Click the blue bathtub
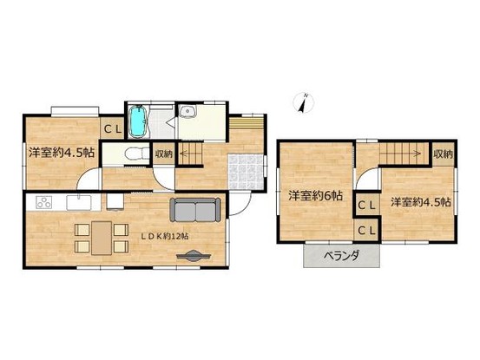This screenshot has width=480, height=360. click(137, 122)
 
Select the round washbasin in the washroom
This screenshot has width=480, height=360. click(187, 112)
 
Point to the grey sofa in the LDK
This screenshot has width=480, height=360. click(196, 210)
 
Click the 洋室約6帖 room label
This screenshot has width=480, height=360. click(314, 197)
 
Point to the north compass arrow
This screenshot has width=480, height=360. click(303, 103)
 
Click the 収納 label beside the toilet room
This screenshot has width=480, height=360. click(164, 154)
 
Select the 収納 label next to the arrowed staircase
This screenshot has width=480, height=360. click(442, 154)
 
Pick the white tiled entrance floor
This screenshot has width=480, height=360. click(242, 167)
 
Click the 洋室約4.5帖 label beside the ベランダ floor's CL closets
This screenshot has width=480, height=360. click(419, 202)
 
